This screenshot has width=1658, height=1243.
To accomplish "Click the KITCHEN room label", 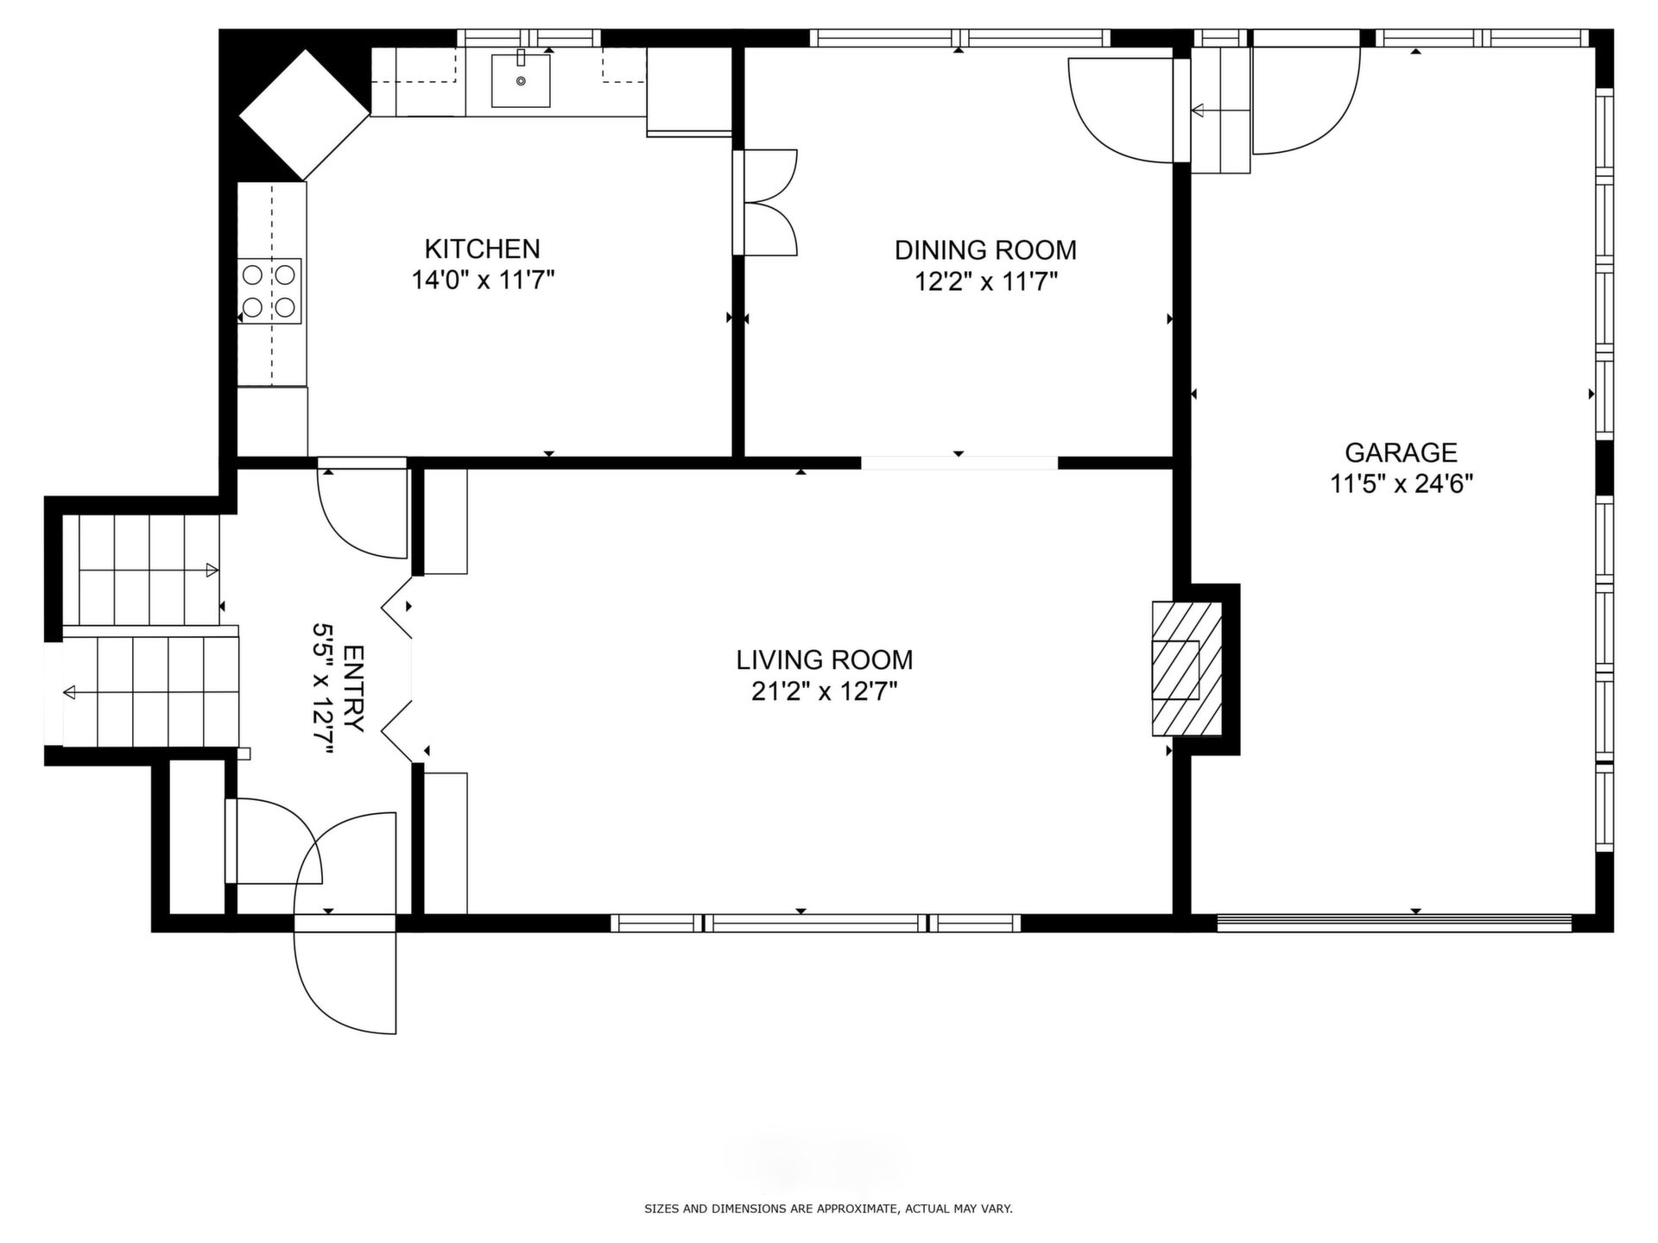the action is coord(482,249).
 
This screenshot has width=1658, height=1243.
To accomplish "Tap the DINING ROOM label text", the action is coord(985,250).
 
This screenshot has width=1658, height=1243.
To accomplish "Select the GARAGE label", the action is coord(1401,452).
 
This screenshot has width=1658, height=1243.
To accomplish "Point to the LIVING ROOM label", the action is coord(824,660).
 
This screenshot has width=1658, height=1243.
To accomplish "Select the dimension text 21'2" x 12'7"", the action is coord(824,691).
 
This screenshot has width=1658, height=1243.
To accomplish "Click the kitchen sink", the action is coord(521,80).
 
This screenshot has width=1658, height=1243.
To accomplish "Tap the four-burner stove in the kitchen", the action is coord(270,291).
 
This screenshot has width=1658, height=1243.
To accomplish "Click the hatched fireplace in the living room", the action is coord(1187,669).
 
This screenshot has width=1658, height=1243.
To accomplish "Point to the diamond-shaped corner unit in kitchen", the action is coord(304,114).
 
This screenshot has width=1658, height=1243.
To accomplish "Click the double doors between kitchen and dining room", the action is coord(765,203).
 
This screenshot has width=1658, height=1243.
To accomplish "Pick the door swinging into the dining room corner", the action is coord(1122,110).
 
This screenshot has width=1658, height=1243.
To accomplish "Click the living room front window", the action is coord(815,923).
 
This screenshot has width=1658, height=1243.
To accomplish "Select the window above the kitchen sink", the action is coord(528,38).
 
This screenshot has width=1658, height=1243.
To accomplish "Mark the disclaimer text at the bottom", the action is coord(828,1209).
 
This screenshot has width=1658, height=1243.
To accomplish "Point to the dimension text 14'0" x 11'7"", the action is coord(482,281).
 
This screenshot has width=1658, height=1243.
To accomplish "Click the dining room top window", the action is coord(959,38).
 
